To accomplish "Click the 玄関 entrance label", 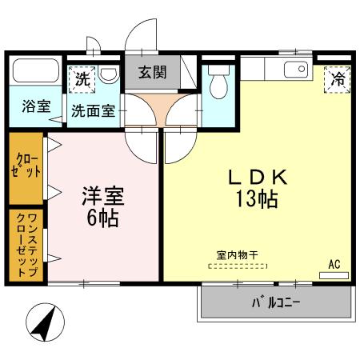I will pyautogui.click(x=152, y=73).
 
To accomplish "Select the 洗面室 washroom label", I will pyautogui.click(x=93, y=111).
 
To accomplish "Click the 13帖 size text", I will pyautogui.click(x=256, y=200).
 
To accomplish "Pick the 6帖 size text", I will pyautogui.click(x=103, y=218).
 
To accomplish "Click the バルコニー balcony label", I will pyautogui.click(x=276, y=304).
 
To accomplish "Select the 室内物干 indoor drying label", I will pyautogui.click(x=238, y=255).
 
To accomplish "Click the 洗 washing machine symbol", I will pyautogui.click(x=82, y=78).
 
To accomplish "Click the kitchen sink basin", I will pyautogui.click(x=295, y=70).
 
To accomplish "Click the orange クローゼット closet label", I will pyautogui.click(x=26, y=168).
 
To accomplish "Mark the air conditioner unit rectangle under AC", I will pyautogui.click(x=334, y=274).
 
